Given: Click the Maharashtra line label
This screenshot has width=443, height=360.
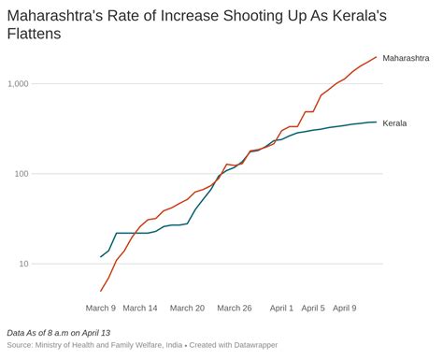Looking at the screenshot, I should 407,58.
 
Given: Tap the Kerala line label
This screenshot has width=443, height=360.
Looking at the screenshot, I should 395,122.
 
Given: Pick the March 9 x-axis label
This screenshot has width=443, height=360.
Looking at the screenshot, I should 101,308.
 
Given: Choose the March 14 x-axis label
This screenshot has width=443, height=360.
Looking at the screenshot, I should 140,308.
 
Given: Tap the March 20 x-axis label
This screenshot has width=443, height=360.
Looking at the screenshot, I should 187,308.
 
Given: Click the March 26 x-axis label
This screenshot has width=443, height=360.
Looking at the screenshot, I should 235,308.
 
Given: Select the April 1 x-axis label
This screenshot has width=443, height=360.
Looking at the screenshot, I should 281,308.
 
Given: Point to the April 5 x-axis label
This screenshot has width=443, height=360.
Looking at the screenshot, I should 313,308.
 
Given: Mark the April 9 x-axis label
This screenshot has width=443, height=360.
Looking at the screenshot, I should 344,308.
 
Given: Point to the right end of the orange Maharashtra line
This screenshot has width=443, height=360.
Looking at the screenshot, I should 377,57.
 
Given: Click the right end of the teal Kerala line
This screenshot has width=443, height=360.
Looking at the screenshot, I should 377,122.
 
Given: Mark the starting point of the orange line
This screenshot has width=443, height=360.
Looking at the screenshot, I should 101,291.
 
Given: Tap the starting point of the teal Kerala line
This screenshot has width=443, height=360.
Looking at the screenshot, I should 101,256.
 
